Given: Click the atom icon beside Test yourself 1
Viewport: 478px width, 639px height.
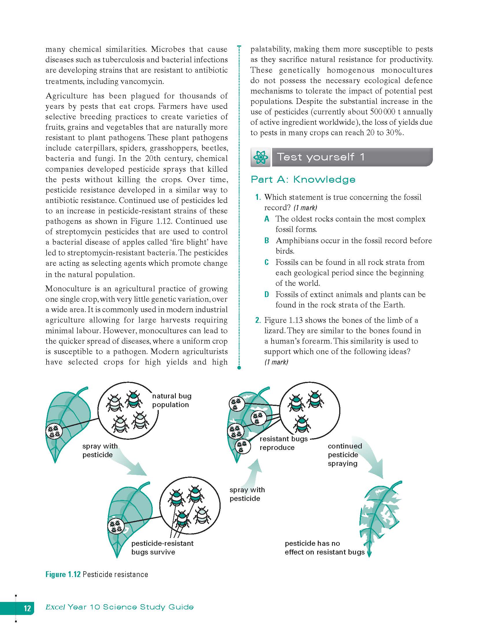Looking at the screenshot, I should (x=261, y=158).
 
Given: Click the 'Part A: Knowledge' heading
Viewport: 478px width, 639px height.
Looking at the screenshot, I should (x=303, y=180).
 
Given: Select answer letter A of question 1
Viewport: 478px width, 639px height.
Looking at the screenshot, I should (x=267, y=219).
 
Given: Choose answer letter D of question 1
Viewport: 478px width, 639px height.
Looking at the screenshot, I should (x=267, y=295).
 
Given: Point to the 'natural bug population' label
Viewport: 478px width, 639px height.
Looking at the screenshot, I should (x=172, y=400).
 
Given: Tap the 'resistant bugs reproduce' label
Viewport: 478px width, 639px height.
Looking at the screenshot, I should (x=283, y=443).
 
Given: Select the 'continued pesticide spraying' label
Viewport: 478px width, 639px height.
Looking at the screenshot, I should (x=344, y=455).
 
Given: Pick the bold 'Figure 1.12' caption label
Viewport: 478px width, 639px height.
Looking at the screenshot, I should (x=63, y=574).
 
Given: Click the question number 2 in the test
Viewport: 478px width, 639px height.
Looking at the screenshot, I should (x=258, y=320).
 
